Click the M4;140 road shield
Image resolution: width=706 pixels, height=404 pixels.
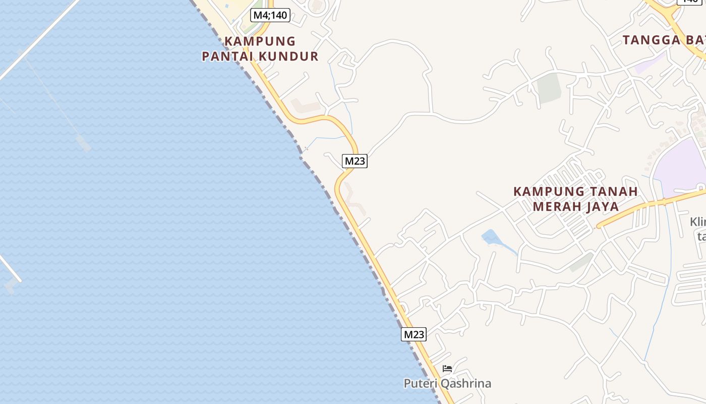pos(270,15)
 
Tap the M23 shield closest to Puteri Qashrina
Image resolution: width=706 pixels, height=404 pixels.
pos(414,334)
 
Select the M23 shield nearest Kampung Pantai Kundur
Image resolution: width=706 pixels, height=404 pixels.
pos(355,161)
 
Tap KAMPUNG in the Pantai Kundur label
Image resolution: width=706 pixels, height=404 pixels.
pos(260,41)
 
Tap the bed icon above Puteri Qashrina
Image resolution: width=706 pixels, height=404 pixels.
pos(447,369)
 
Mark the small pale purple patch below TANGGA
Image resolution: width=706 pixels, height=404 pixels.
pos(648,64)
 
